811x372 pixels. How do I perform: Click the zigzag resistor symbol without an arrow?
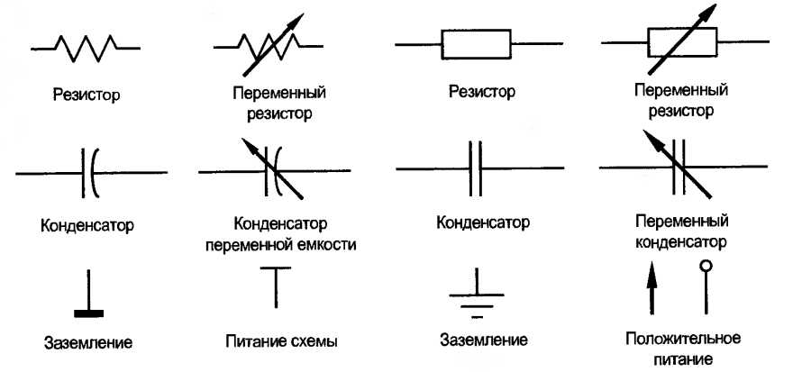[x=86, y=44]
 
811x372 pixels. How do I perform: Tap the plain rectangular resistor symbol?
[x=475, y=42]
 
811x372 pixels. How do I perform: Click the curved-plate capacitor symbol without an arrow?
[x=90, y=171]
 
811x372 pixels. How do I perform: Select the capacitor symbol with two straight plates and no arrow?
[x=478, y=169]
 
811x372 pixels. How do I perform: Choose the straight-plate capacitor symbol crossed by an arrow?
[x=682, y=166]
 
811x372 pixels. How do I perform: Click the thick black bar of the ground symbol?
[x=88, y=313]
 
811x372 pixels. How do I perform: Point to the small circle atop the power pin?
[x=706, y=266]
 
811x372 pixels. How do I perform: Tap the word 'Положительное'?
[x=682, y=339]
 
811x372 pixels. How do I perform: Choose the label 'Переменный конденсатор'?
[x=682, y=231]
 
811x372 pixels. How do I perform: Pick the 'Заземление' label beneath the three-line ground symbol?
[x=483, y=341]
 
